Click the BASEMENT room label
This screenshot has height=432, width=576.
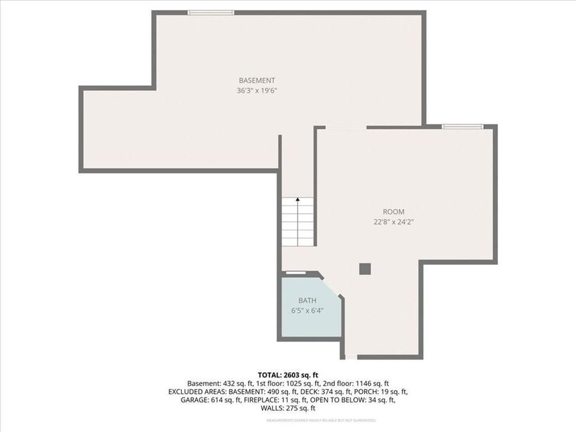click(x=257, y=81)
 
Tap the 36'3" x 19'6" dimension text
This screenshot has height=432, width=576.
click(x=257, y=91)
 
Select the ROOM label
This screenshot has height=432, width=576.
click(x=394, y=212)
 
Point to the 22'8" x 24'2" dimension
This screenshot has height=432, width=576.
click(x=394, y=222)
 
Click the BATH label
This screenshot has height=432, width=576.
click(x=307, y=301)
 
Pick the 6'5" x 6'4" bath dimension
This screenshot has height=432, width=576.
click(x=307, y=311)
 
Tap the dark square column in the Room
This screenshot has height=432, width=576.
click(x=365, y=269)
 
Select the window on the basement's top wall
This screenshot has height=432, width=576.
click(x=211, y=12)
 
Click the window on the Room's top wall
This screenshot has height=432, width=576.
click(x=463, y=127)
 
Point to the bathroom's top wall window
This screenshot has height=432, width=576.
click(x=295, y=273)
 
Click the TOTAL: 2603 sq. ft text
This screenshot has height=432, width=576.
click(x=288, y=374)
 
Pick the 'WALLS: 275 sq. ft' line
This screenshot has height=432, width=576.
click(x=288, y=408)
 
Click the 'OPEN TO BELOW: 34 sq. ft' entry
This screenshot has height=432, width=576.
click(x=363, y=400)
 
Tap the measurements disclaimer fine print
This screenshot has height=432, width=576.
click(x=321, y=420)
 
